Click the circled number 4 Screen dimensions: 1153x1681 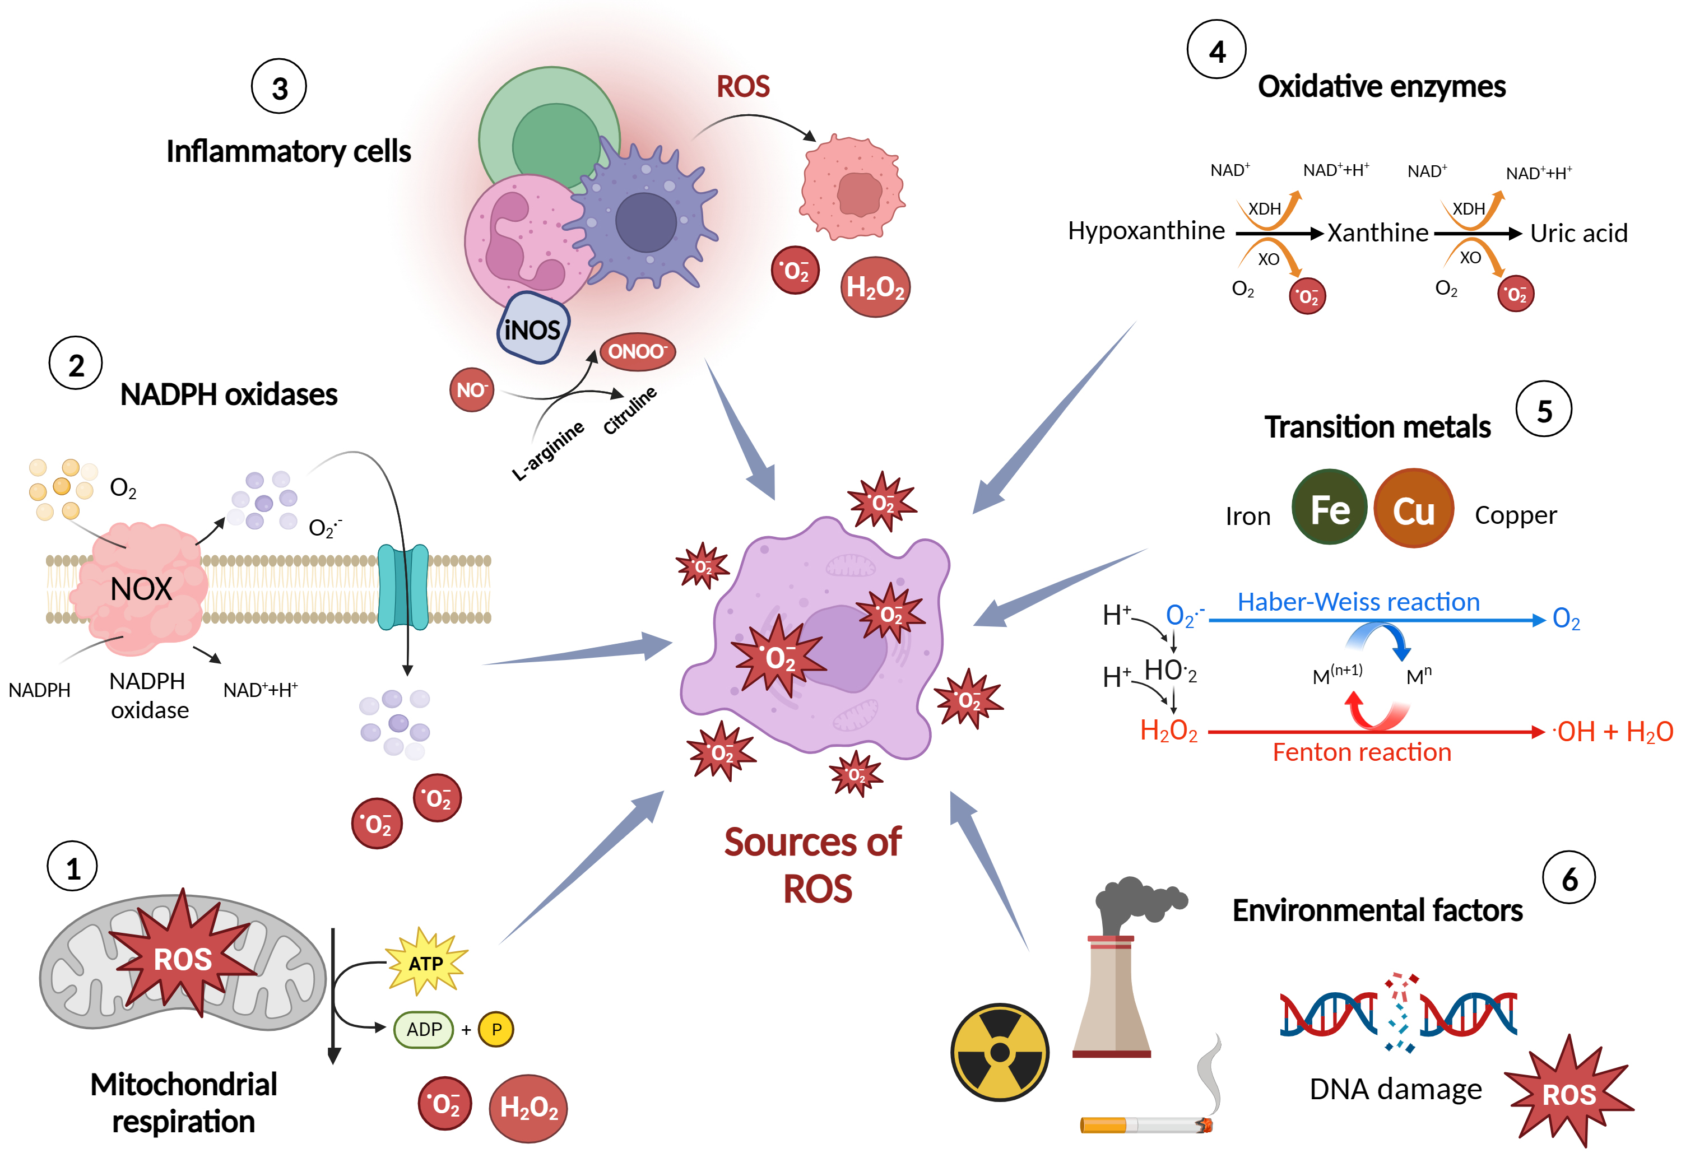point(1216,50)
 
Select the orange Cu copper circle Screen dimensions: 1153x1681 point(1413,509)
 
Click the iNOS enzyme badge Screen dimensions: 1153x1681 point(533,328)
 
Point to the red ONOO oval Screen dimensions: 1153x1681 point(637,351)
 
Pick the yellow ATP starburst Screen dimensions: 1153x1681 point(426,963)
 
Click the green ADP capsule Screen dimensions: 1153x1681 point(424,1029)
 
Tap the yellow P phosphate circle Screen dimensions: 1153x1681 point(496,1029)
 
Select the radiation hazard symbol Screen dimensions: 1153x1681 point(1000,1051)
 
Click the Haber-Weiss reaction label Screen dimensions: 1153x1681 point(1358,602)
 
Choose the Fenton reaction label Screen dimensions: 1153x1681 point(1361,752)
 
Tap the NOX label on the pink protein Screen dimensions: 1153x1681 point(141,589)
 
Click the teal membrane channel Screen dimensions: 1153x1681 point(403,587)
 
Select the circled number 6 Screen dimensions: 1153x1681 point(1569,878)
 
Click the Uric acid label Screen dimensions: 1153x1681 point(1578,233)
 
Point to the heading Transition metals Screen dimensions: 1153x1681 point(1377,427)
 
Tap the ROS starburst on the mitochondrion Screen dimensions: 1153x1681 point(182,959)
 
